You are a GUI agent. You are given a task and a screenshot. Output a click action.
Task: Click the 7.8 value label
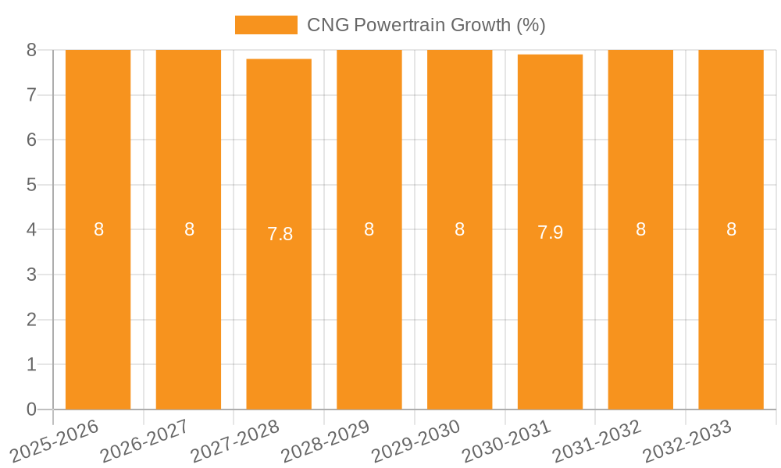[x=280, y=234]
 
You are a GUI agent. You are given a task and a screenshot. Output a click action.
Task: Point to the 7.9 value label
[x=550, y=232]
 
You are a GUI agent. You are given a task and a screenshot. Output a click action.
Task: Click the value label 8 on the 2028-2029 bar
[x=369, y=229]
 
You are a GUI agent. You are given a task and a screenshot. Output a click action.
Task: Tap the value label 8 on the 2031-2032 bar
[x=640, y=229]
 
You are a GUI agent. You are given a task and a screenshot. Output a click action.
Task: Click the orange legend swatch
[x=266, y=25]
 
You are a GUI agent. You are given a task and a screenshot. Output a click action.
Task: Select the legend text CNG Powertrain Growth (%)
[x=426, y=25]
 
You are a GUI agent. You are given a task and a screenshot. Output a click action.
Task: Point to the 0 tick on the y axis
[x=31, y=409]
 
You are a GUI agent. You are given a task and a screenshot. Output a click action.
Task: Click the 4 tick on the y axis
[x=31, y=230]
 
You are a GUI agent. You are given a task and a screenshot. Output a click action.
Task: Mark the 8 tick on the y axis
[x=31, y=50]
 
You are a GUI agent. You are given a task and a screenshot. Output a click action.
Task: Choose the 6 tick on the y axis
[x=31, y=140]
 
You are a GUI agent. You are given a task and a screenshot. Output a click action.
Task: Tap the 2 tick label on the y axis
[x=31, y=320]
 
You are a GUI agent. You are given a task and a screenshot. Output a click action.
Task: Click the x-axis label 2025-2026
[x=54, y=441]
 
